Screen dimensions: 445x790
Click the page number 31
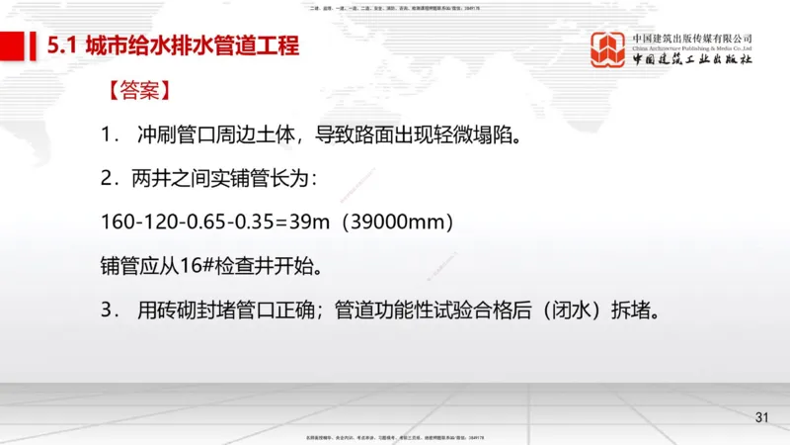(761, 417)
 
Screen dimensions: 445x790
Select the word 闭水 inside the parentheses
(572, 310)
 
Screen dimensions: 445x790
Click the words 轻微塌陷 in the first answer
(470, 134)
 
